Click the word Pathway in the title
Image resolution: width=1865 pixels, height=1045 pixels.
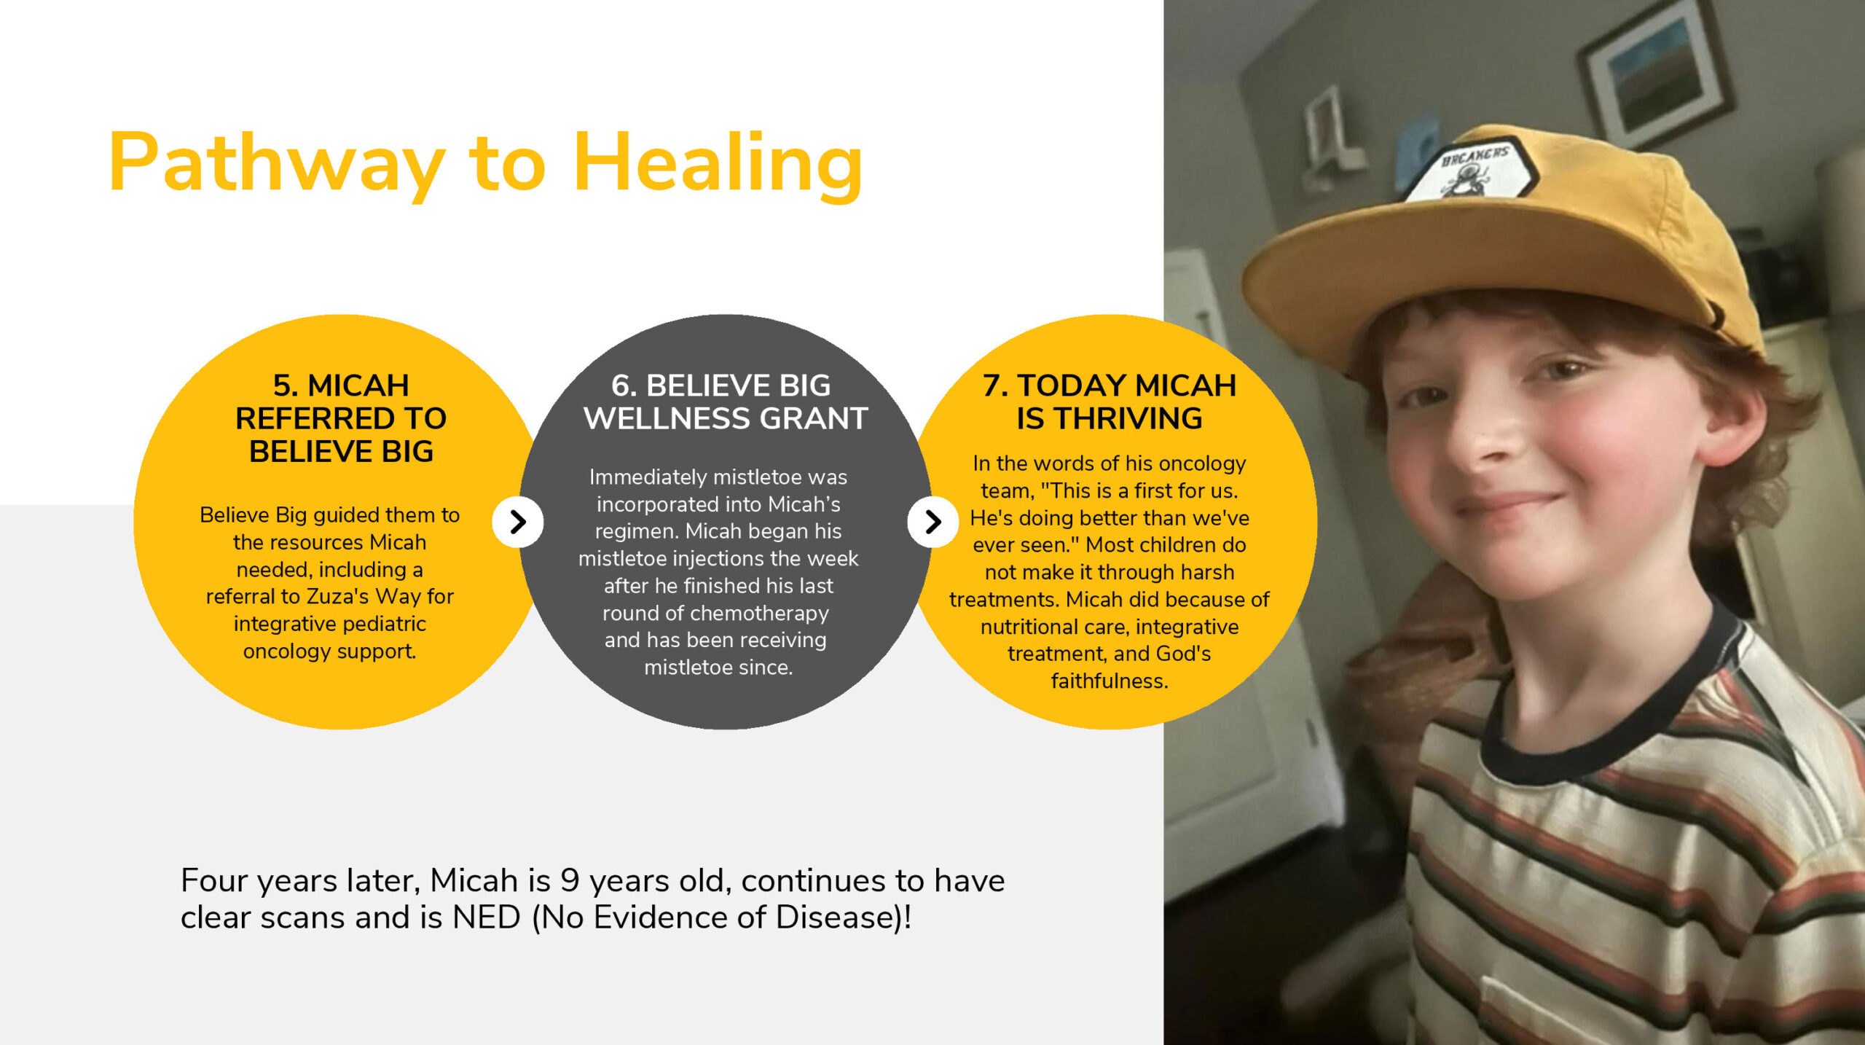pos(277,164)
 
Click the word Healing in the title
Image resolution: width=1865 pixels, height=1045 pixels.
pos(718,164)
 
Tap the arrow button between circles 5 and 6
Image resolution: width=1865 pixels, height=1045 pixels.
pos(517,522)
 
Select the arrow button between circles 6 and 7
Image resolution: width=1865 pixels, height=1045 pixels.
pos(932,522)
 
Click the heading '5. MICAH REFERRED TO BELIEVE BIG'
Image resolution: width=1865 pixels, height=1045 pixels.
pos(341,418)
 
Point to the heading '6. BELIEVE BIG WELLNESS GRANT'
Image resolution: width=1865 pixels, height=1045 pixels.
pos(725,402)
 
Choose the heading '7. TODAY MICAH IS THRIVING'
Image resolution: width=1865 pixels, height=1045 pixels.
pos(1110,402)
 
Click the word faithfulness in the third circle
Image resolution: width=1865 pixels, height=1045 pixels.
pos(1109,681)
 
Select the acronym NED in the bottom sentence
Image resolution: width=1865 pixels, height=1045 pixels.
pos(486,917)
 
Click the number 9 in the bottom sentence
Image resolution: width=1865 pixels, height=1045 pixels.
pos(570,881)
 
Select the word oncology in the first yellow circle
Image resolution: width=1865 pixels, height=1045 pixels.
pos(286,651)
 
